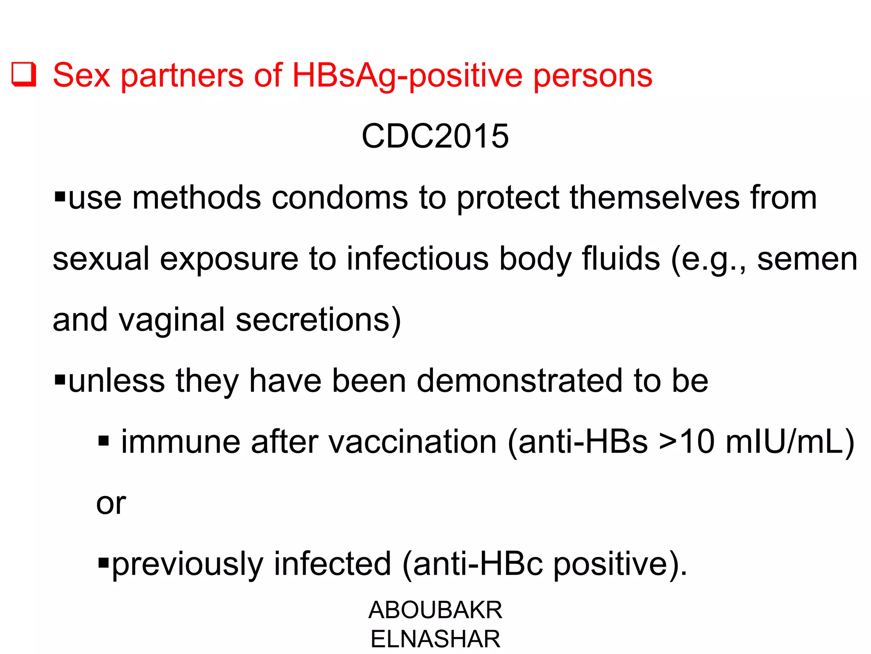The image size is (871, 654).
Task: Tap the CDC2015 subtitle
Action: point(435,136)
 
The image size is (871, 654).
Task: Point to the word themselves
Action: point(654,198)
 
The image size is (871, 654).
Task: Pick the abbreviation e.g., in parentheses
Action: point(709,259)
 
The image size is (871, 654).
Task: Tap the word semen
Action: point(807,260)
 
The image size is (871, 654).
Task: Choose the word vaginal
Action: point(171,320)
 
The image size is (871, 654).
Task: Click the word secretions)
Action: point(318,320)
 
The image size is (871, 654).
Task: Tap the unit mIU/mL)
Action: point(790,442)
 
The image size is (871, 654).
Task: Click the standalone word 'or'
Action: point(111,504)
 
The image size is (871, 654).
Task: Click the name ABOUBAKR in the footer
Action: point(435,610)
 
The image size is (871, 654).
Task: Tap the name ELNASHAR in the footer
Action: point(435,639)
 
